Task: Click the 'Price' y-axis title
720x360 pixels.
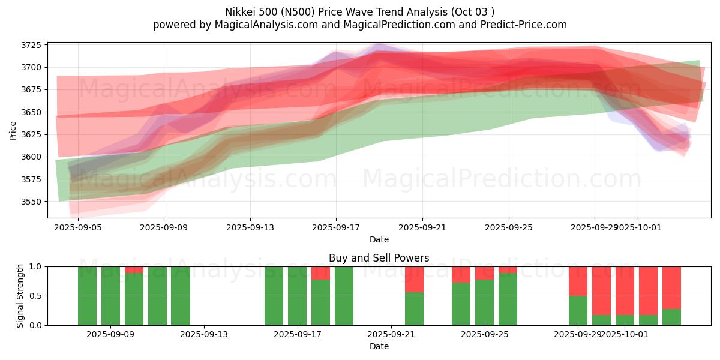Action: tap(13, 130)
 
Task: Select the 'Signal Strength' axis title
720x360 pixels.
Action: tap(20, 296)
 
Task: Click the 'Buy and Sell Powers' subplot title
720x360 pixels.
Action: tap(379, 259)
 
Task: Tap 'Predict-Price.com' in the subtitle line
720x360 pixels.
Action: tap(522, 25)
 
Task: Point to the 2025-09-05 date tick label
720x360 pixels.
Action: tap(78, 228)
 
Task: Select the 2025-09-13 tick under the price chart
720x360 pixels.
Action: tap(250, 228)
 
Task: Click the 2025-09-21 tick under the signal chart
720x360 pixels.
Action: tap(391, 335)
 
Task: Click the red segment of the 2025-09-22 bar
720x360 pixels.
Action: tap(414, 279)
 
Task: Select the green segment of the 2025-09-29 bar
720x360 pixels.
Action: tap(578, 310)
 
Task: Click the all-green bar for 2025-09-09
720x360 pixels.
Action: tap(110, 296)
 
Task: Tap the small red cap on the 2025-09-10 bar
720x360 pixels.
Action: tap(134, 270)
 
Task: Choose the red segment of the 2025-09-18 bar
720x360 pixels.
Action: tap(320, 273)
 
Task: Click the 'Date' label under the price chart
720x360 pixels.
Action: tap(379, 240)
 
